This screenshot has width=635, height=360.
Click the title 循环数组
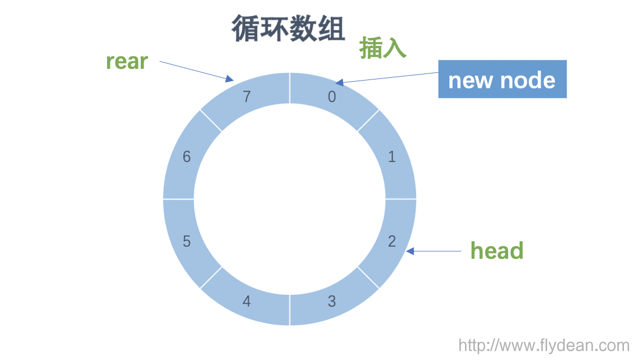coord(288,29)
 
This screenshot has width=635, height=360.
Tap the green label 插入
coord(383,48)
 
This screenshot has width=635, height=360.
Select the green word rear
coord(127,61)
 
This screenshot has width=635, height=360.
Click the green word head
coord(496,251)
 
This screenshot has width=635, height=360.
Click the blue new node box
coord(502,79)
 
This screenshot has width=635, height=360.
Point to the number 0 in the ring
coord(332,97)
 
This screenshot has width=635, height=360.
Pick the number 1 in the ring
coord(392,157)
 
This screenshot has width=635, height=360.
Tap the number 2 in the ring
coord(392,241)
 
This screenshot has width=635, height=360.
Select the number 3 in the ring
coord(332,301)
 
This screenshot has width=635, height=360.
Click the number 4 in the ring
coord(247,301)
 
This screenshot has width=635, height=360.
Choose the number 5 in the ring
coord(187,241)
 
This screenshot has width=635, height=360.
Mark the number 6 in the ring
coord(187,157)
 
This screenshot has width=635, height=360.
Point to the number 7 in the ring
coord(247,97)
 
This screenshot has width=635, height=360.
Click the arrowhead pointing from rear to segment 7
coord(229,79)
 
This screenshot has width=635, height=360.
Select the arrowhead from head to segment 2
coord(410,251)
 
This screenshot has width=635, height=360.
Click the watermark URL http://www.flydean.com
coord(544,346)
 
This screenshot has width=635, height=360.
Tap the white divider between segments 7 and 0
coord(290,88)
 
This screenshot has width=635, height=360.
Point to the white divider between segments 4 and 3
coord(290,310)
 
